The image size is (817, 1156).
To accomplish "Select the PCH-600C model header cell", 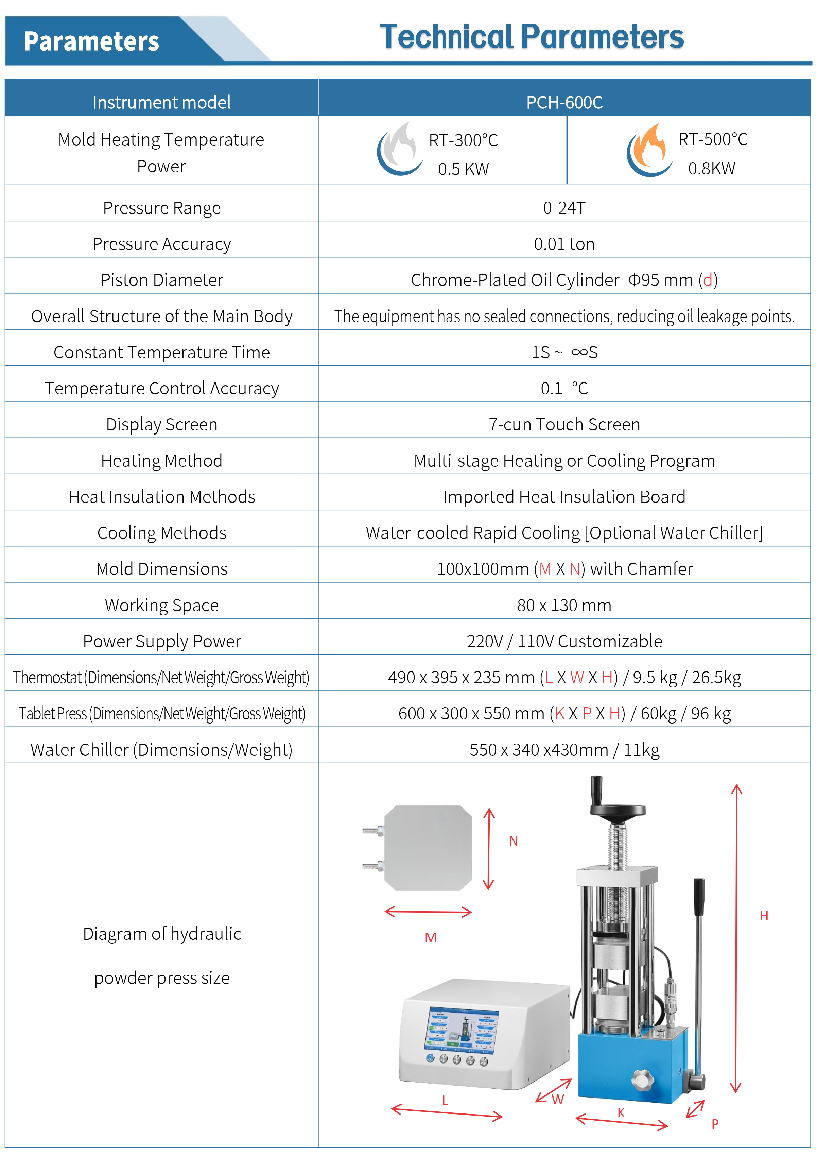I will (x=564, y=102).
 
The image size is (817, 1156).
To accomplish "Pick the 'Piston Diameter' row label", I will (x=161, y=280).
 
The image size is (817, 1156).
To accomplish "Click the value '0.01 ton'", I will (x=564, y=244).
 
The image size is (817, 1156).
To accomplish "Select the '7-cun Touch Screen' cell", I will (x=564, y=424).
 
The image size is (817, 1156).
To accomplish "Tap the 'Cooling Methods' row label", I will (x=161, y=533).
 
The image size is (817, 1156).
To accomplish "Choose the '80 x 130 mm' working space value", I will (x=564, y=605).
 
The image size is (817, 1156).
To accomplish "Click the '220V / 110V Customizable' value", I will (x=564, y=642).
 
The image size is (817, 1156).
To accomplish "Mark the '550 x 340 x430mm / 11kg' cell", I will (x=564, y=750).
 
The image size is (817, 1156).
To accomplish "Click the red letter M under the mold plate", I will (x=430, y=937).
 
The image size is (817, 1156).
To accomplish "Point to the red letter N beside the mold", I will (x=513, y=841).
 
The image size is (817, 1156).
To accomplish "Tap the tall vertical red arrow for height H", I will (x=736, y=936).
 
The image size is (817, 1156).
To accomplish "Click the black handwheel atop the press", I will (x=617, y=810).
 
